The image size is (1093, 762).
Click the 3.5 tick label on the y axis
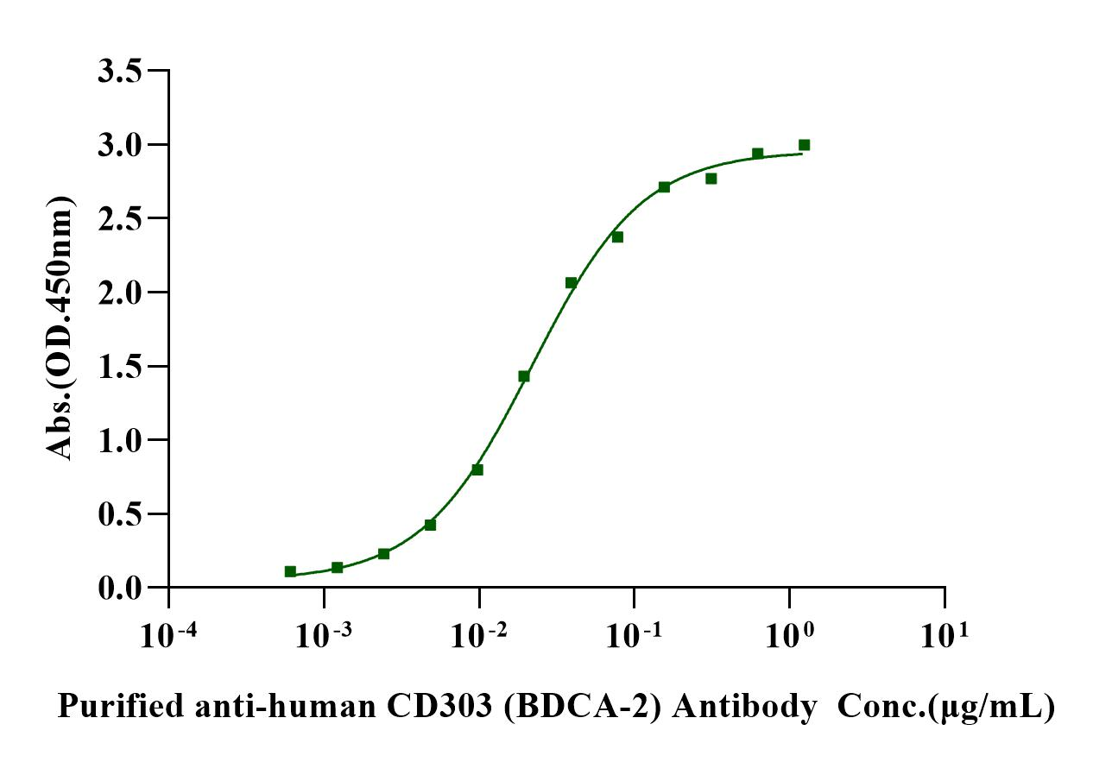click(x=121, y=71)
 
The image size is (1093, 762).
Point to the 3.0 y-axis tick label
click(x=121, y=144)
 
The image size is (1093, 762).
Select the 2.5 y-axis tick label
click(x=121, y=218)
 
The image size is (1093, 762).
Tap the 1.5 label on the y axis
click(x=121, y=366)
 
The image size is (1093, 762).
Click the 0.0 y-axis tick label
click(x=121, y=588)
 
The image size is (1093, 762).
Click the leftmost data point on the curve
click(x=290, y=571)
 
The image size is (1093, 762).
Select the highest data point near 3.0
click(x=804, y=145)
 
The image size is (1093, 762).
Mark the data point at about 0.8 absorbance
click(x=477, y=469)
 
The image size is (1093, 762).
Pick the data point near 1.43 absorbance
click(x=524, y=376)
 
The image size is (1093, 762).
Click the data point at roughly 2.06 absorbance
click(x=571, y=282)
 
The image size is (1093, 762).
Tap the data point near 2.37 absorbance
click(x=617, y=236)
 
